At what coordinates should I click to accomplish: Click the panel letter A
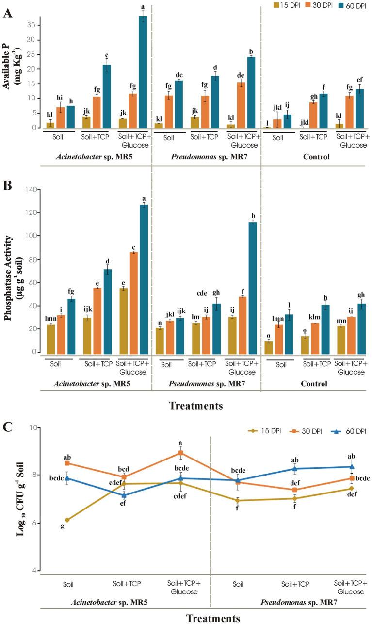coord(7,13)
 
